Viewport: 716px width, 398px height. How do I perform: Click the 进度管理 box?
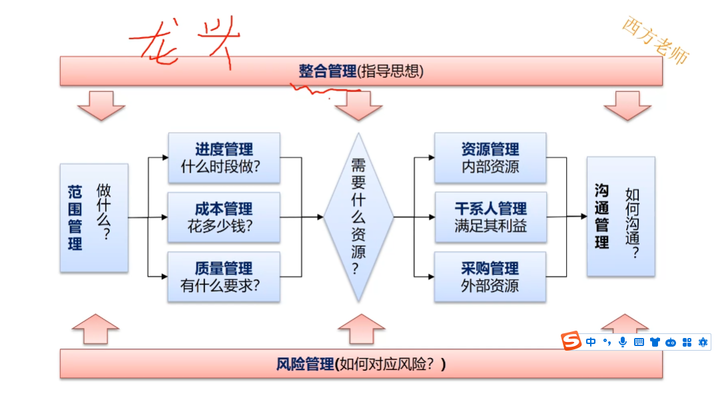point(224,158)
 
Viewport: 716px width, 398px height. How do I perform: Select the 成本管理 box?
point(224,217)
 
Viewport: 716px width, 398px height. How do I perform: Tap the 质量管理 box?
point(224,277)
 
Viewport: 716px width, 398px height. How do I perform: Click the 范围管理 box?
point(94,217)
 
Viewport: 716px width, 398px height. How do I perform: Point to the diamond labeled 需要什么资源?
point(358,217)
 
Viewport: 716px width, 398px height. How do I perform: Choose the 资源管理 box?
point(490,158)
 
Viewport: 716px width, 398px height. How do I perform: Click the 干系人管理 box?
point(490,217)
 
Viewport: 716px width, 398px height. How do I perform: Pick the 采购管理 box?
point(490,277)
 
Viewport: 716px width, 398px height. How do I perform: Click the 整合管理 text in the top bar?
point(327,71)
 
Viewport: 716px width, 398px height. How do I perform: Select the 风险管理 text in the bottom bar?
point(304,364)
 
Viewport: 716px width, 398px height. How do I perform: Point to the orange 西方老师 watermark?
point(655,40)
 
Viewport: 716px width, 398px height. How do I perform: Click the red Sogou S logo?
point(570,341)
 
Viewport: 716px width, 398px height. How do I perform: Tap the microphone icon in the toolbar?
point(623,342)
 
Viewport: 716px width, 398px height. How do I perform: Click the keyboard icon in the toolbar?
point(639,342)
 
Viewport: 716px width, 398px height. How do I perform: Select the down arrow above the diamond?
point(358,105)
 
